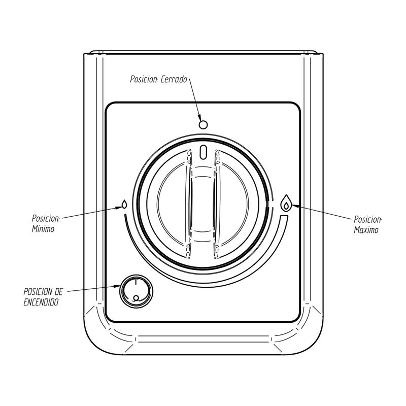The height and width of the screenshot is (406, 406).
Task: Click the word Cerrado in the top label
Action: pos(175,79)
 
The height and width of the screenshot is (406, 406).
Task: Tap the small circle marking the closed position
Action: pos(204,124)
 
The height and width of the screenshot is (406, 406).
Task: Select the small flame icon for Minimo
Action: pos(124,205)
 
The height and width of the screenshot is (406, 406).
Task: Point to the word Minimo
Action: pos(43,229)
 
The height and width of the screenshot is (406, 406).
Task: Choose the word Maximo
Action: pos(366,230)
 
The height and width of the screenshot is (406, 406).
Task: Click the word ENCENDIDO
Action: pos(41,301)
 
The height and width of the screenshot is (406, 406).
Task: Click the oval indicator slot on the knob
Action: pos(204,152)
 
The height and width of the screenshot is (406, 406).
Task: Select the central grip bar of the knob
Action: pos(204,203)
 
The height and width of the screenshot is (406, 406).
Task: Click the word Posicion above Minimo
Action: pos(45,219)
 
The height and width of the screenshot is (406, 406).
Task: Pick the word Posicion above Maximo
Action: pos(367,220)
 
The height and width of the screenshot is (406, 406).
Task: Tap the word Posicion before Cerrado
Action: pos(145,79)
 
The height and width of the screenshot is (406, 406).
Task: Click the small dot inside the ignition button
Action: pos(136,298)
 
